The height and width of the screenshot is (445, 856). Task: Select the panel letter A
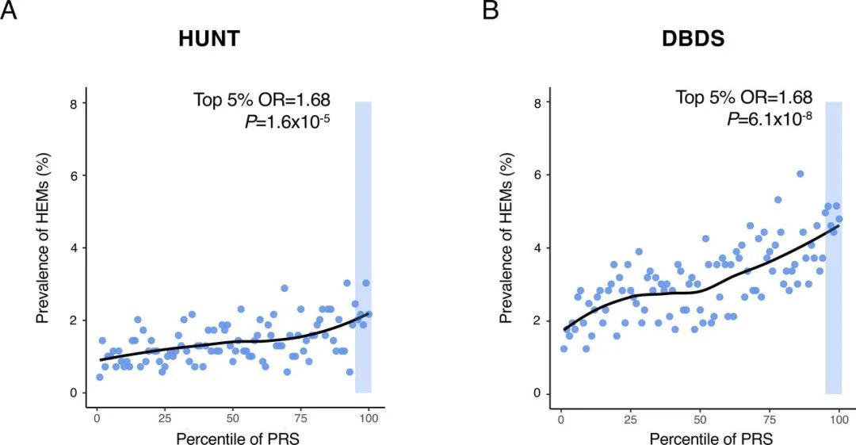pyautogui.click(x=9, y=10)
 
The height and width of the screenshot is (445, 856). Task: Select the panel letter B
pyautogui.click(x=491, y=10)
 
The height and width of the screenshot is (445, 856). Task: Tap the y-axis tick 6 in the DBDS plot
pyautogui.click(x=537, y=176)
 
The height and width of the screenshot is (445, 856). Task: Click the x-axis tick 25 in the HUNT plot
pyautogui.click(x=165, y=418)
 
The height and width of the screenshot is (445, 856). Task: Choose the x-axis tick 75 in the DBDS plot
pyautogui.click(x=769, y=418)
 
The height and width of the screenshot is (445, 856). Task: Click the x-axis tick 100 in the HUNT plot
pyautogui.click(x=367, y=418)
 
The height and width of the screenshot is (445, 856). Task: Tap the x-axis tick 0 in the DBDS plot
pyautogui.click(x=560, y=418)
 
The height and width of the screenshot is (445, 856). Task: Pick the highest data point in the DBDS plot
pyautogui.click(x=801, y=174)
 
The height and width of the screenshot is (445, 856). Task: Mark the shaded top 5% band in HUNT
pyautogui.click(x=363, y=247)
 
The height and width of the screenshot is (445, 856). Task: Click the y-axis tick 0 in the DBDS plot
pyautogui.click(x=537, y=393)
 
